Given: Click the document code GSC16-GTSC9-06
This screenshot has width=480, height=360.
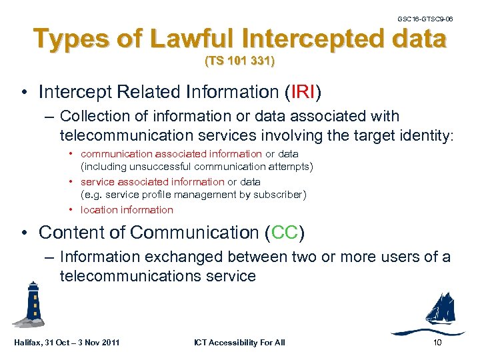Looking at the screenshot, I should [425, 19].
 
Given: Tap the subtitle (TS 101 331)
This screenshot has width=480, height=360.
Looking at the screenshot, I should [239, 62].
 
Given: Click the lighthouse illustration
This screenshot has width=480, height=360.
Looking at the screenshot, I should [31, 303].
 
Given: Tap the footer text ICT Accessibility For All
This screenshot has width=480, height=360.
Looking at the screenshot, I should [239, 343].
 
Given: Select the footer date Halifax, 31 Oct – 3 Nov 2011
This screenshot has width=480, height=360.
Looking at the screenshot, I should [66, 343].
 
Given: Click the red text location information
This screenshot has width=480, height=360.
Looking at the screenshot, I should [127, 210].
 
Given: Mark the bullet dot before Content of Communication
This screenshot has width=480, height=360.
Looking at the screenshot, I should [23, 233].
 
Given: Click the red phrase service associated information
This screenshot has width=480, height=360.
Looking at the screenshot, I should [152, 181].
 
